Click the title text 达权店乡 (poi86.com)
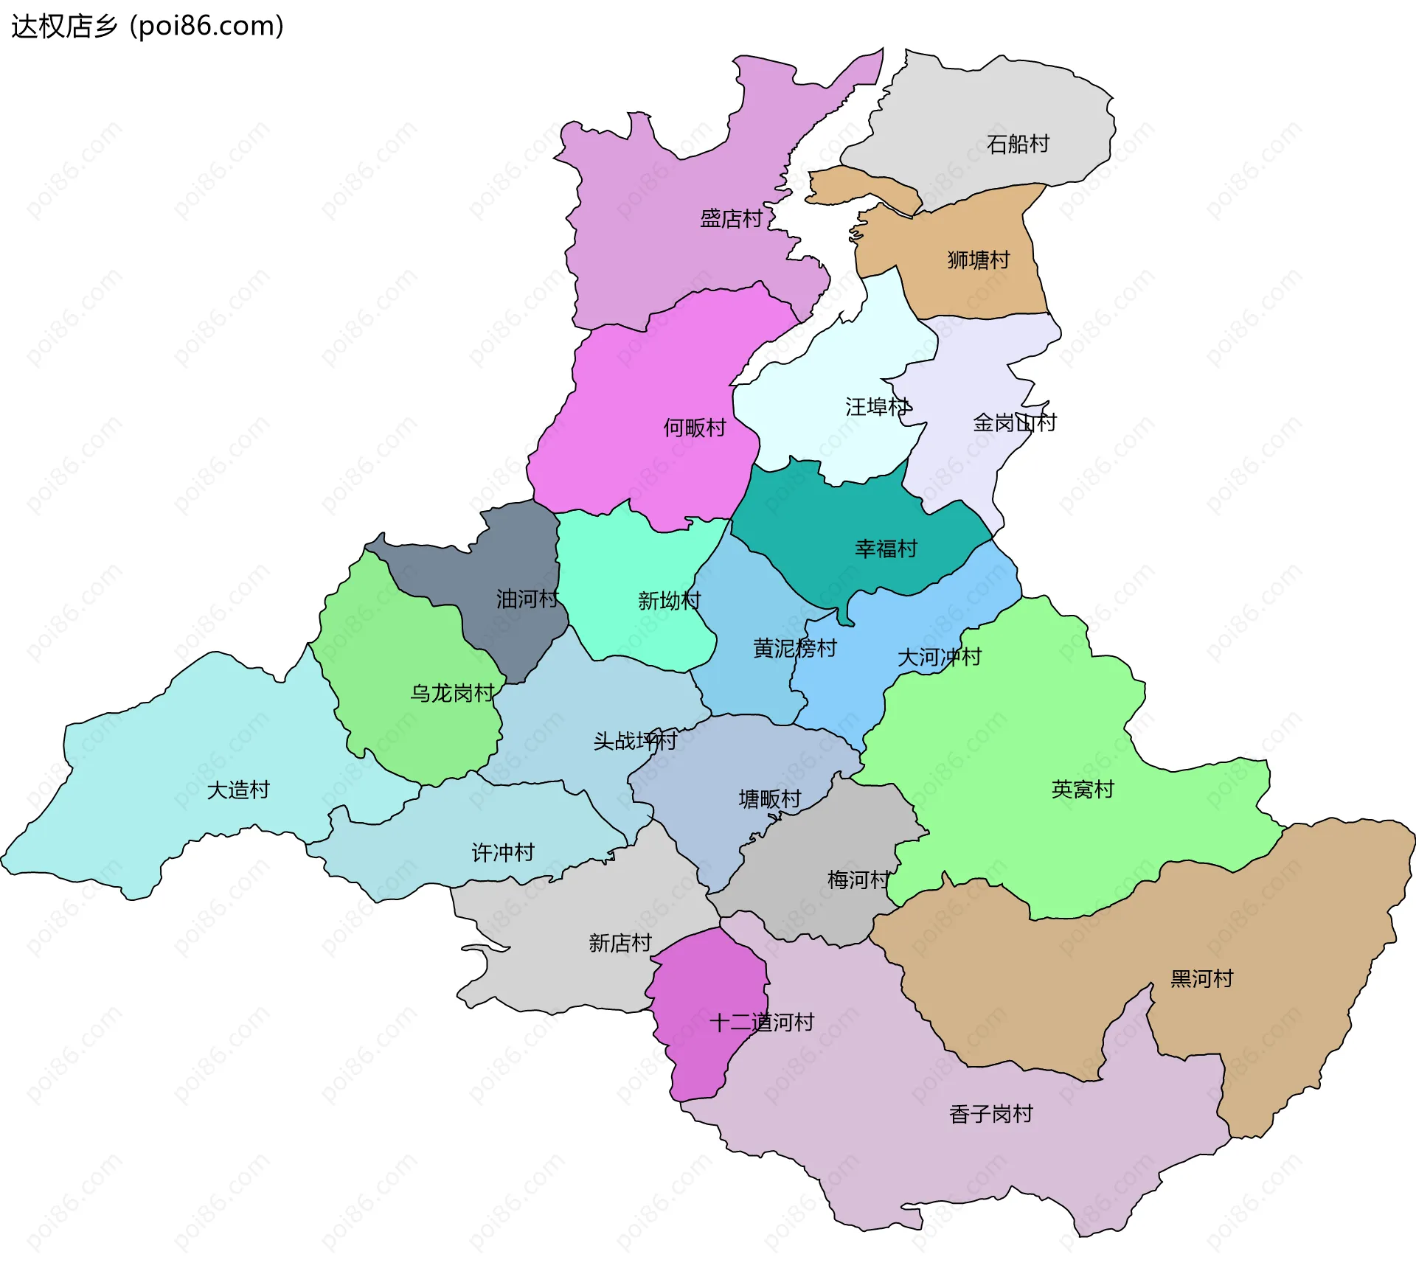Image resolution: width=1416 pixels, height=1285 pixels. coord(147,27)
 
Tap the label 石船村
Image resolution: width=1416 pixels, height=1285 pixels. coord(1018,144)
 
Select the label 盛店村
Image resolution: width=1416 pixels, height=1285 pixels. coord(731,219)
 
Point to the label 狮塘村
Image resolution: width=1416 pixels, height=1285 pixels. coord(978,260)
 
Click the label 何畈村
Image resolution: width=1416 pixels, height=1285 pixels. coord(694,428)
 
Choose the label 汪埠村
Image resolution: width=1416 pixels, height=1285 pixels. coord(877,407)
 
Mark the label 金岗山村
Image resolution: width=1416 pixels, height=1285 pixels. coord(1014,422)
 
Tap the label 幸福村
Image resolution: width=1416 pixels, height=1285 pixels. coord(886,549)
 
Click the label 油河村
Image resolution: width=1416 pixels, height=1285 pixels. coord(527,599)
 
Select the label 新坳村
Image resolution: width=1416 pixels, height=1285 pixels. coord(669,601)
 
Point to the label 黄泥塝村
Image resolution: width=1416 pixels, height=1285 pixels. coord(794,648)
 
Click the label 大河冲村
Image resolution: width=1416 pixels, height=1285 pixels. coord(939,657)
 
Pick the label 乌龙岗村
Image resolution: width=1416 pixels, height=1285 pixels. coord(451,693)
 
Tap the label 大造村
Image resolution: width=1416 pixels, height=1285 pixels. coord(238,790)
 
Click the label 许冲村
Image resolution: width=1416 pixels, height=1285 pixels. coord(503,853)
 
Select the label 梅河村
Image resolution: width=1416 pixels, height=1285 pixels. coord(858,880)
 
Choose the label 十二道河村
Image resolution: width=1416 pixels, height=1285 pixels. coord(762,1023)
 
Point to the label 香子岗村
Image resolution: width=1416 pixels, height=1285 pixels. coord(990,1114)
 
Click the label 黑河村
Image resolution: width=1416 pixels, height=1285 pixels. coord(1201,979)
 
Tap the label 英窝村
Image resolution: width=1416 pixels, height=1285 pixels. coord(1082,790)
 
